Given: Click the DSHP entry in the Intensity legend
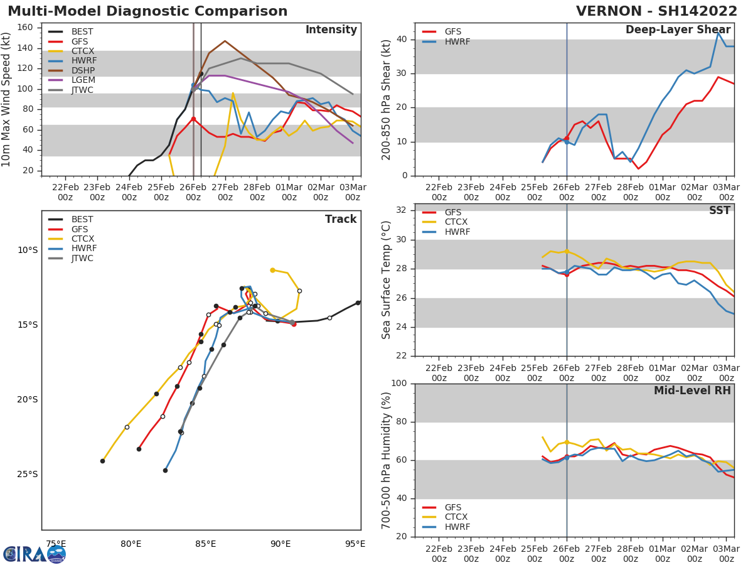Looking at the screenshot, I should [82, 70].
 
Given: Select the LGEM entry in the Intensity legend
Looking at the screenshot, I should [82, 80].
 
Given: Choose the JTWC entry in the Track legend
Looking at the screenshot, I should [82, 258].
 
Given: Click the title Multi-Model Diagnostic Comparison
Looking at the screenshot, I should [147, 11].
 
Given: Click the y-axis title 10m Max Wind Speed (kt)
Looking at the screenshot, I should [7, 99].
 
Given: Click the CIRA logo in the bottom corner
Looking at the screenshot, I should [35, 554].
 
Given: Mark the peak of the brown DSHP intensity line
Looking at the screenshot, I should [225, 41].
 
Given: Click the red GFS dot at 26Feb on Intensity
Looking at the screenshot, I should [193, 119].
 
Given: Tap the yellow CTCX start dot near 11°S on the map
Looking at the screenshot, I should [272, 270].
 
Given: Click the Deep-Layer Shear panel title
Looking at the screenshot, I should [678, 30].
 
